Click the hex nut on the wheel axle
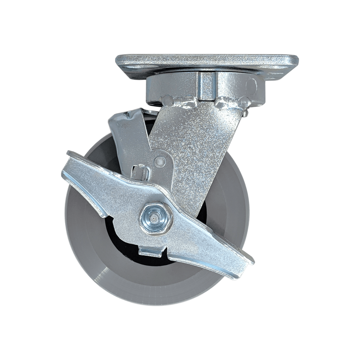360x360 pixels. [x=154, y=219]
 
